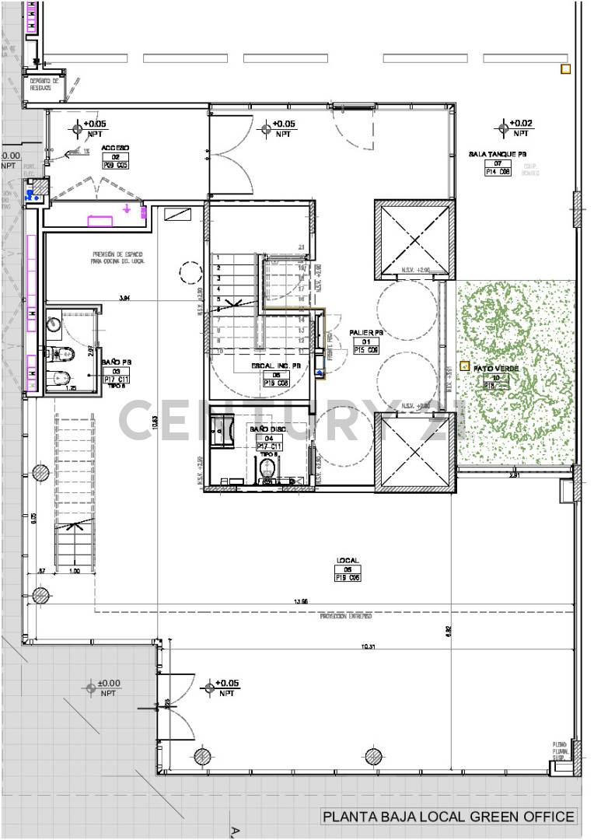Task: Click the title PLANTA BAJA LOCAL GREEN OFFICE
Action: coord(449,816)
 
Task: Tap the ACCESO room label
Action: coord(115,147)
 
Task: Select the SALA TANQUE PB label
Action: coord(498,154)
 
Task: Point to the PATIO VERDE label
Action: coord(491,369)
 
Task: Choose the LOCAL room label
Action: coord(347,560)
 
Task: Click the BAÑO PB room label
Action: coord(116,362)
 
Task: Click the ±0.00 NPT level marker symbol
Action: coord(91,688)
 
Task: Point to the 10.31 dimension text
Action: coord(368,647)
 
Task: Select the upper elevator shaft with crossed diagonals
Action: coord(413,240)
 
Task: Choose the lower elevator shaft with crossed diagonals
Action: coord(413,452)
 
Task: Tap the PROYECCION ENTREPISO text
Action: coord(345,616)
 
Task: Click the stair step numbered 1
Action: coord(220,257)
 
